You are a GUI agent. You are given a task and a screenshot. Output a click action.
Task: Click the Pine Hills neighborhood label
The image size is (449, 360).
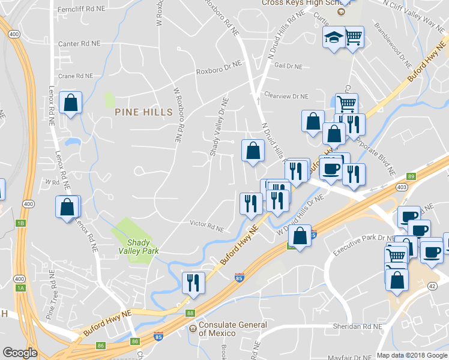tap(143, 112)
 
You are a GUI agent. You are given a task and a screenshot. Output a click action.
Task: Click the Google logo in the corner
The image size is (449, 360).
tap(20, 353)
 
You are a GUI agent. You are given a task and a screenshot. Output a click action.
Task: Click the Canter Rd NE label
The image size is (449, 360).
tap(79, 44)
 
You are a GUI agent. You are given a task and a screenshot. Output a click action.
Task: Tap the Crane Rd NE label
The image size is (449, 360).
tap(76, 76)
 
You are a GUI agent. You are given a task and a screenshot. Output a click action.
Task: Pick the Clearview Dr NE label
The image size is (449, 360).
tap(286, 96)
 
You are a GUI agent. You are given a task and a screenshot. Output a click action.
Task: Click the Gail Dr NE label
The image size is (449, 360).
tap(288, 66)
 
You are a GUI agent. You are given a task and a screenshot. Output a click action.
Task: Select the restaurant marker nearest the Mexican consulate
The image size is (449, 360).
tap(193, 282)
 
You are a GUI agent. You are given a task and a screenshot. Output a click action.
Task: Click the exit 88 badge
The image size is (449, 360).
tap(190, 313)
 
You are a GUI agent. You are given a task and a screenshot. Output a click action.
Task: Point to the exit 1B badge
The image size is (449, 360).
tap(21, 223)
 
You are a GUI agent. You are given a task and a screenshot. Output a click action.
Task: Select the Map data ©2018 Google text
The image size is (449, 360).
tap(411, 355)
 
